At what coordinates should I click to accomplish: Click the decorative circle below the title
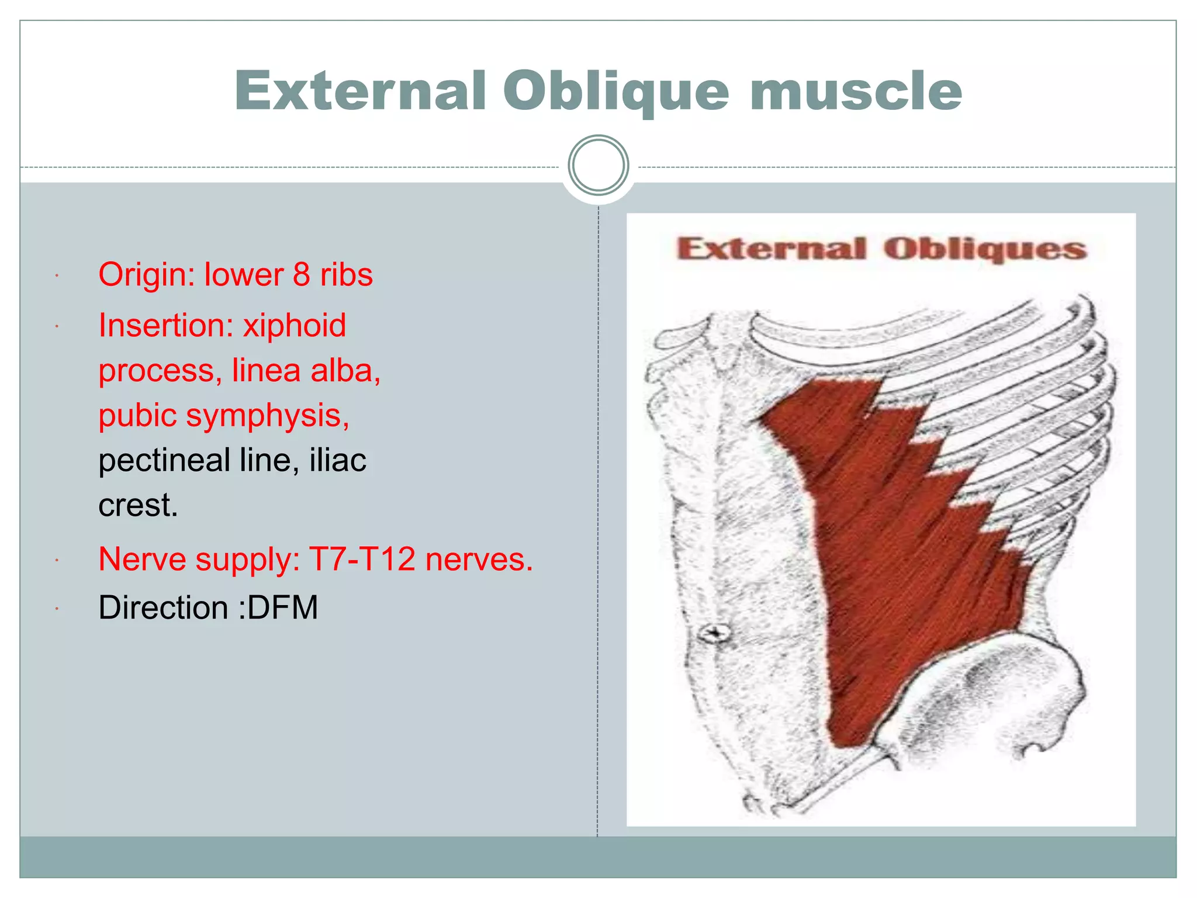click(598, 165)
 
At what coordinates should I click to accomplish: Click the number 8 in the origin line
click(301, 274)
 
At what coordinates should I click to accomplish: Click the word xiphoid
click(295, 326)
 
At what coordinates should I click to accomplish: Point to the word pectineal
click(164, 461)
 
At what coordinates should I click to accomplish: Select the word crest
click(137, 505)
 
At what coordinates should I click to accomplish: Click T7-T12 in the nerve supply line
click(362, 559)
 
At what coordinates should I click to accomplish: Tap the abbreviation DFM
click(283, 607)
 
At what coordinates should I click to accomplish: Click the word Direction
click(163, 607)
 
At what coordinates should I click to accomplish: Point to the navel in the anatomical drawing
click(715, 633)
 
